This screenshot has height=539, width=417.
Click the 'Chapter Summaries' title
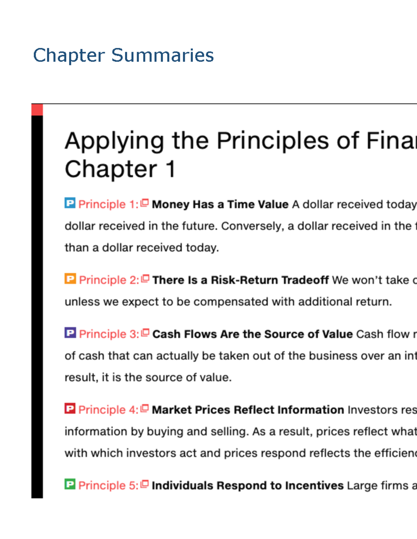coord(123,56)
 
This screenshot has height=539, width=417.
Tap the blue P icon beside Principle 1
coord(70,203)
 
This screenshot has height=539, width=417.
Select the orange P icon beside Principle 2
coord(70,279)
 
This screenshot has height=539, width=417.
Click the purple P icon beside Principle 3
coord(70,333)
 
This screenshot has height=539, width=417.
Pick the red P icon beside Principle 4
coord(70,409)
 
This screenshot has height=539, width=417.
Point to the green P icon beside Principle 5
coord(70,484)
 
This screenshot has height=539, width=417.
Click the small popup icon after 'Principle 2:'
coord(145,278)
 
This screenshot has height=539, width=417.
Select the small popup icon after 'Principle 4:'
coord(145,408)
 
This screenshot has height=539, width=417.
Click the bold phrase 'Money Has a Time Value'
coord(220,204)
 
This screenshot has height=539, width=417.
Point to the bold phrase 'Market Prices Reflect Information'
coord(248,410)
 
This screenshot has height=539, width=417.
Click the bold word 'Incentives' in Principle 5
coord(314,486)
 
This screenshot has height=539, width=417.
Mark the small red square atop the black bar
coord(37,110)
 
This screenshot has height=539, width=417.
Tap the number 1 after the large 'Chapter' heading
coord(170,169)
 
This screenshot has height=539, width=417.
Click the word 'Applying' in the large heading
coord(114,141)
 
